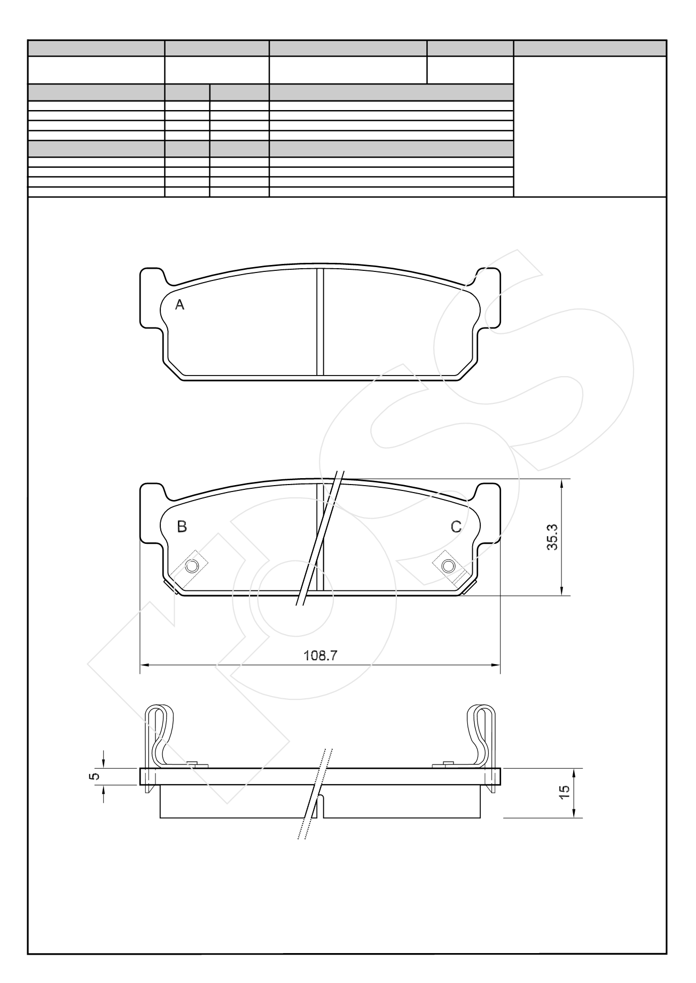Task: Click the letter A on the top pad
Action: (180, 305)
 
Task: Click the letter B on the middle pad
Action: (182, 527)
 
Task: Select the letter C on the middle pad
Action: (456, 527)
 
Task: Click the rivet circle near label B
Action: (192, 566)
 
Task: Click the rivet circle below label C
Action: (449, 566)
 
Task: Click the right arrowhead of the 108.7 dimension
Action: (496, 666)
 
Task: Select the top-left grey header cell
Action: (96, 48)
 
